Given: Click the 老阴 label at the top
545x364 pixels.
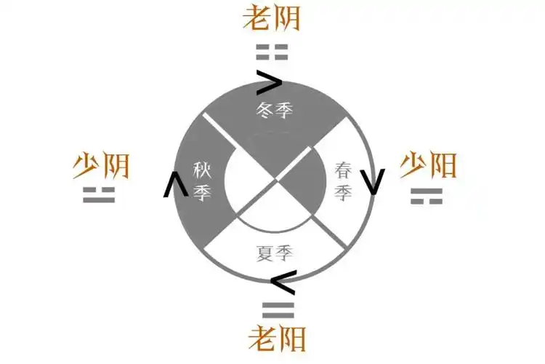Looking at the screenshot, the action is tap(272, 19).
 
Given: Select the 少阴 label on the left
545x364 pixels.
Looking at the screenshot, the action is tap(101, 167).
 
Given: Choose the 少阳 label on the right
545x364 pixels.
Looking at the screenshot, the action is tap(428, 166).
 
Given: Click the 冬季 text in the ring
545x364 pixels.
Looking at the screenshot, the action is tap(273, 111).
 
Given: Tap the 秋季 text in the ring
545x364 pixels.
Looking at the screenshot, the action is tap(201, 181).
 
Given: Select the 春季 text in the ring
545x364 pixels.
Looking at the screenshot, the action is tap(344, 181).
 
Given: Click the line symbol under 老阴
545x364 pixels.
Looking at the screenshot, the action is tap(272, 52).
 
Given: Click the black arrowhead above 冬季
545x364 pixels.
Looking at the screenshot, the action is tap(270, 83).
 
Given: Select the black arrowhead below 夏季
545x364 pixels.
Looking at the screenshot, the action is tap(282, 278).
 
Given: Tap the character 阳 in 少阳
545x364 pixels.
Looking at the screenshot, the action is tap(443, 166).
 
